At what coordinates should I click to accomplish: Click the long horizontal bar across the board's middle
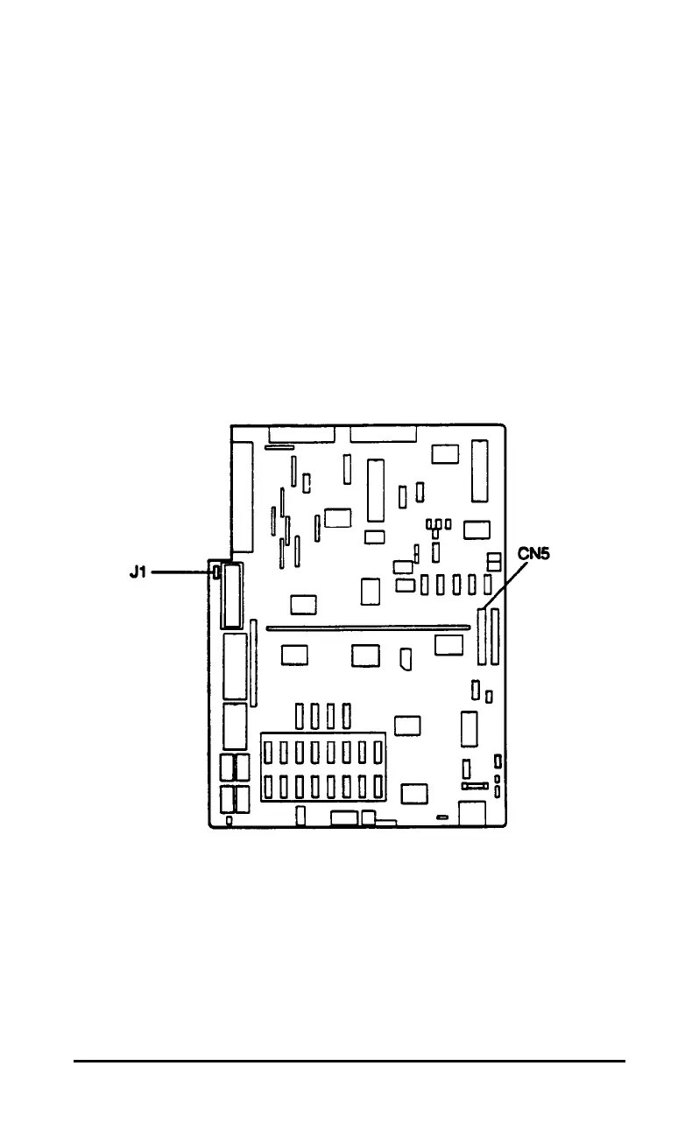(x=368, y=627)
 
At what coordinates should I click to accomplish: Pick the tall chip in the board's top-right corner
(x=479, y=471)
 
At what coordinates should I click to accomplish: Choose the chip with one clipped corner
(x=406, y=659)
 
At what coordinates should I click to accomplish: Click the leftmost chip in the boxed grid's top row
(x=269, y=752)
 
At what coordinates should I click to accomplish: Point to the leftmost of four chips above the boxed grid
(x=300, y=716)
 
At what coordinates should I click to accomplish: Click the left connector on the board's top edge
(x=302, y=434)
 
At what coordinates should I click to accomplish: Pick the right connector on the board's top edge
(x=384, y=434)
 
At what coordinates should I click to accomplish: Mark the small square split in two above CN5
(x=494, y=559)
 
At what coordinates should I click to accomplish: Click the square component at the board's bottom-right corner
(x=472, y=813)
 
